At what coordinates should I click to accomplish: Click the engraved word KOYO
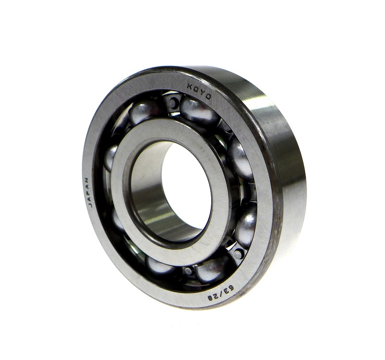[x=199, y=91]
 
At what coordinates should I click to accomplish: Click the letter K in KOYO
[x=190, y=86]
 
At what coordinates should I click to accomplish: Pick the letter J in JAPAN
[x=90, y=205]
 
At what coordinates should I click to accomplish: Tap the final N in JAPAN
[x=88, y=180]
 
